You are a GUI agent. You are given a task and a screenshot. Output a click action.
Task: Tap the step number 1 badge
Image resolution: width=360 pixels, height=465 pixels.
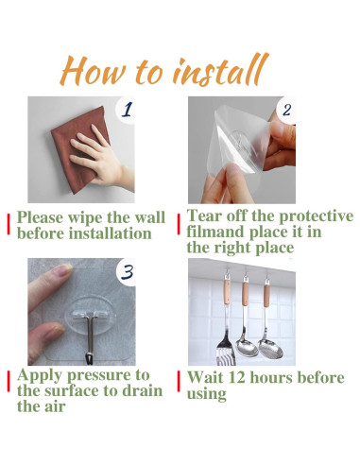pyautogui.click(x=127, y=111)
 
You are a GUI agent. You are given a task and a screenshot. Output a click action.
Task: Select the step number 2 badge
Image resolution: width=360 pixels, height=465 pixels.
pyautogui.click(x=286, y=111)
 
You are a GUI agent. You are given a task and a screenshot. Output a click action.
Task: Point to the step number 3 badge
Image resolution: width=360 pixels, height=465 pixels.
pyautogui.click(x=127, y=272)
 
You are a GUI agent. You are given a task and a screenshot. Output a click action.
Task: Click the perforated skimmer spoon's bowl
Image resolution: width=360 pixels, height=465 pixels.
pyautogui.click(x=270, y=349)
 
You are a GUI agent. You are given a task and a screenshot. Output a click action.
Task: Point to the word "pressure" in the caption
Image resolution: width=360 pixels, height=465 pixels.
pyautogui.click(x=104, y=375)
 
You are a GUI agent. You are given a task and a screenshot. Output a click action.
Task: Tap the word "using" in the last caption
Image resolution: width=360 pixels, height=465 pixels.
pyautogui.click(x=207, y=394)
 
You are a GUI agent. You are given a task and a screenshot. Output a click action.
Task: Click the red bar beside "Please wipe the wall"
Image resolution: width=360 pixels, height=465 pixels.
pyautogui.click(x=9, y=224)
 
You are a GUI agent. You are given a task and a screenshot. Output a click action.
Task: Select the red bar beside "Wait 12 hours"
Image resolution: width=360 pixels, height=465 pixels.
pyautogui.click(x=179, y=381)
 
